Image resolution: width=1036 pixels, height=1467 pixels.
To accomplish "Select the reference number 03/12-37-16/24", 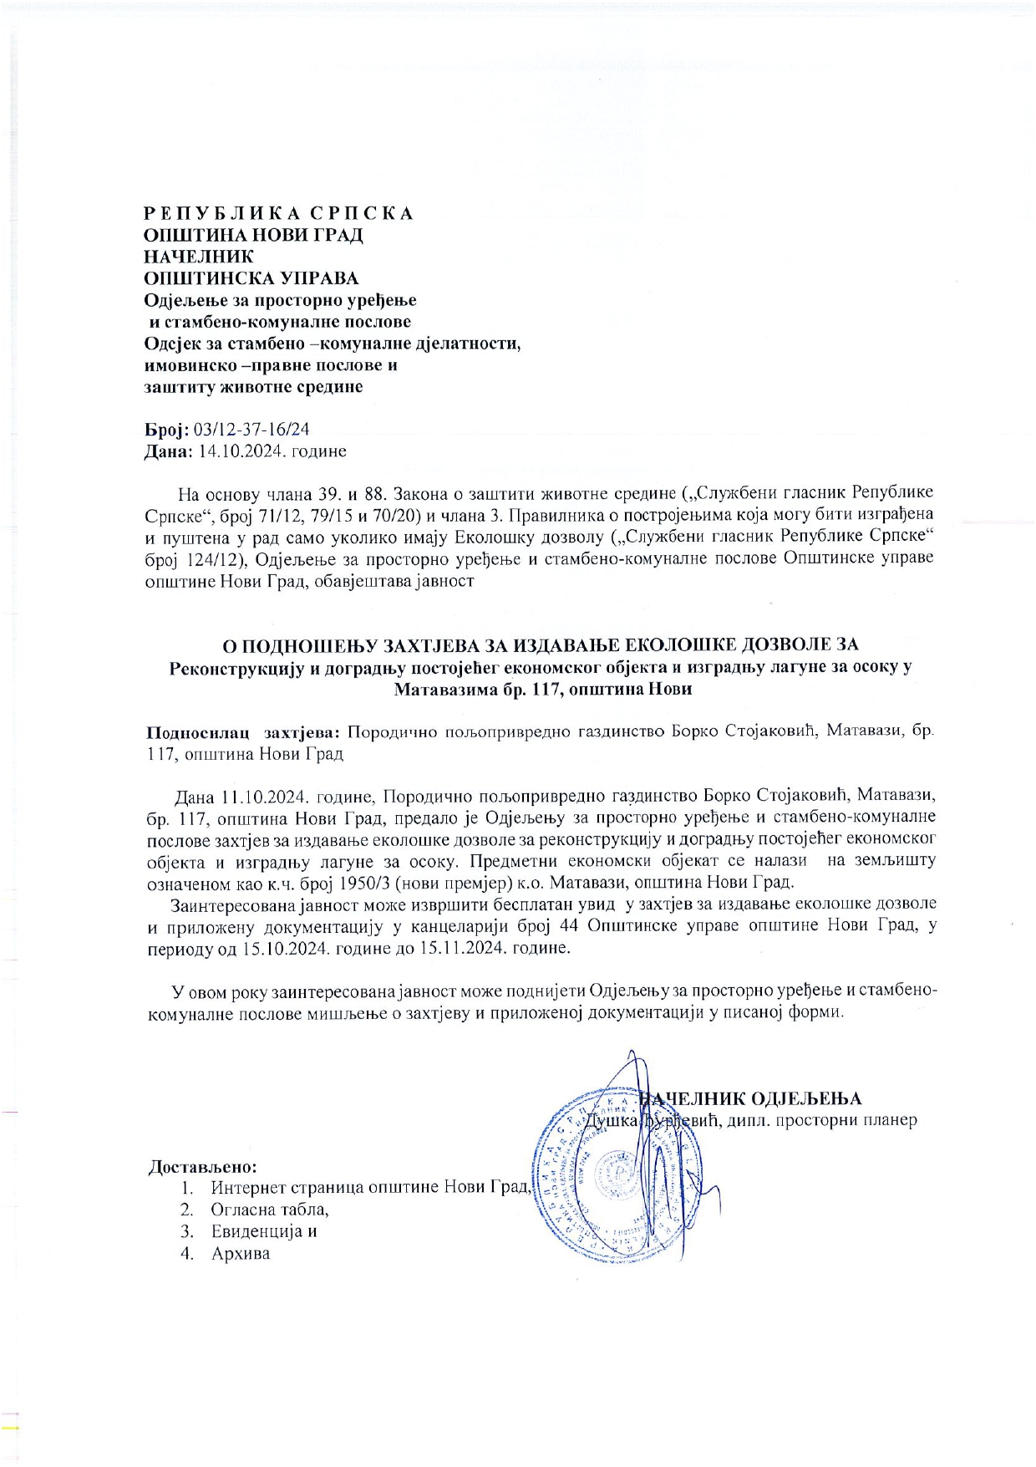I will [x=251, y=430].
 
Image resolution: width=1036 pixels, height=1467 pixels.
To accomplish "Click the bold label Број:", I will [x=167, y=430].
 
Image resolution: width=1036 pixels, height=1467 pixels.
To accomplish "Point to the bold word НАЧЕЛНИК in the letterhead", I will [x=199, y=257].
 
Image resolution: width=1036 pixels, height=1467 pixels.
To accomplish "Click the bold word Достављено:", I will [x=202, y=1166].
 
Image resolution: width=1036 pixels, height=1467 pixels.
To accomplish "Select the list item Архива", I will [x=241, y=1254].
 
